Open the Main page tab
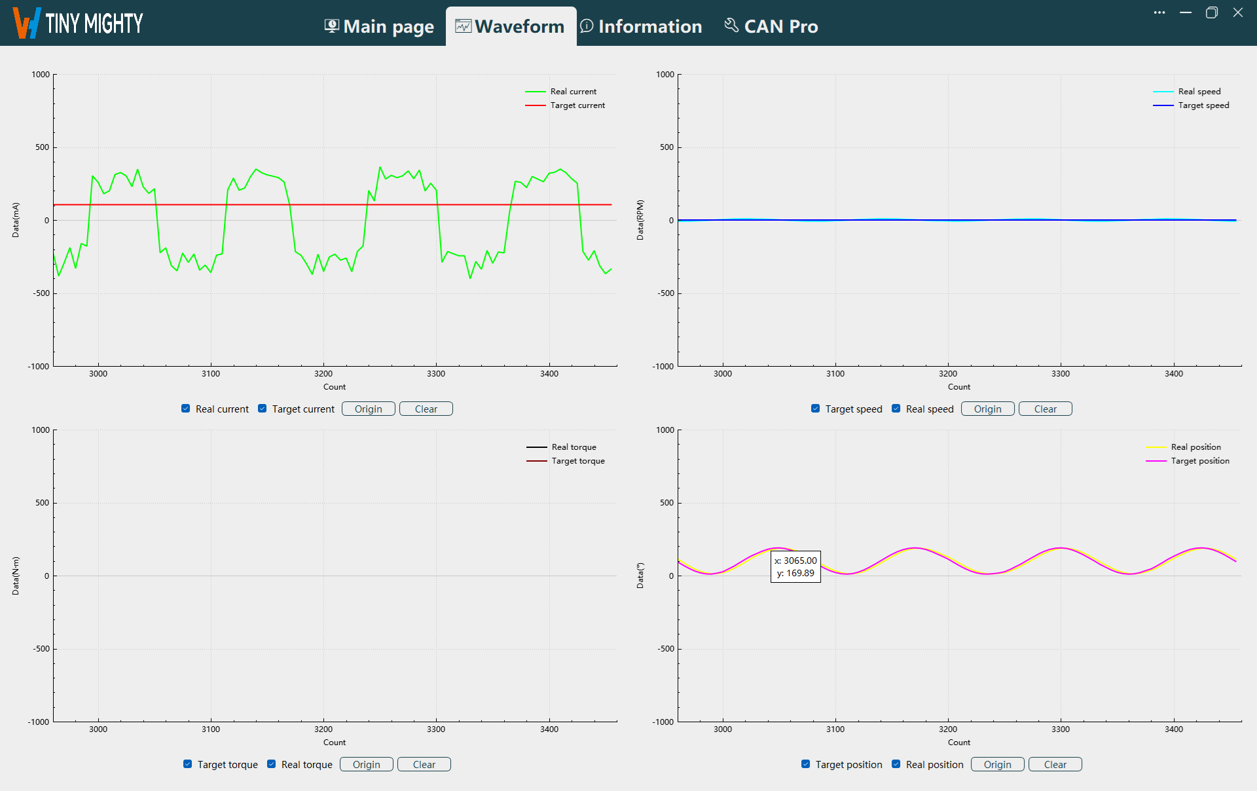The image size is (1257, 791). coord(380,26)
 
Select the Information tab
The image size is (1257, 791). coord(642,26)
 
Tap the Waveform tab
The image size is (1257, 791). coord(511,26)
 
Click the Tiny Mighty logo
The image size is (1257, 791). coord(78,24)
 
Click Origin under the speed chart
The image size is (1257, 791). coord(987,409)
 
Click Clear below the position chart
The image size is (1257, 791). coord(1055,765)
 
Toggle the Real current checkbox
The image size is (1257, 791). coord(186,409)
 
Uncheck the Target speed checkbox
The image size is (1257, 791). coord(816,409)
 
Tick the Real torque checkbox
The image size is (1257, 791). coord(272,764)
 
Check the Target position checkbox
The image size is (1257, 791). coord(806,764)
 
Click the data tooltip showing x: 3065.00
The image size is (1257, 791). coord(795,567)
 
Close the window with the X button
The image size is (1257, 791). coord(1237,12)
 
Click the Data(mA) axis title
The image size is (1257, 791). coord(16,220)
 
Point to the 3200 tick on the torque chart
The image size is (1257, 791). coord(323,729)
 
